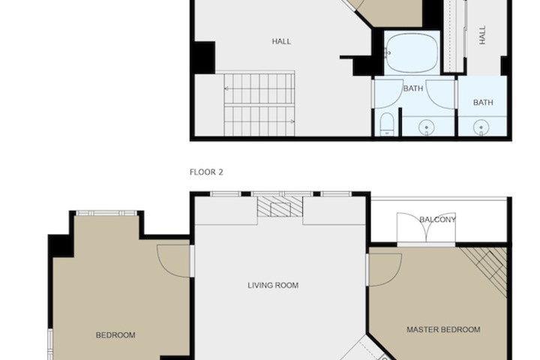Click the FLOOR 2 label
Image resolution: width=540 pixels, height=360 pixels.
pyautogui.click(x=206, y=172)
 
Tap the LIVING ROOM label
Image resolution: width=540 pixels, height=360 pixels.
pyautogui.click(x=273, y=285)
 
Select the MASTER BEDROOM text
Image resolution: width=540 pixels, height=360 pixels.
pyautogui.click(x=443, y=330)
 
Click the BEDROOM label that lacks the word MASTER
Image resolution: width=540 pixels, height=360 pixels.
pyautogui.click(x=115, y=335)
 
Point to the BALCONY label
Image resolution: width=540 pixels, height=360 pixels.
pyautogui.click(x=438, y=220)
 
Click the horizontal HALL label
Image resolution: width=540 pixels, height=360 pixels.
pyautogui.click(x=281, y=42)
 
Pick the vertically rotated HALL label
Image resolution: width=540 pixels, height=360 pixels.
pyautogui.click(x=482, y=34)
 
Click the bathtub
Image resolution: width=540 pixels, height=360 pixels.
pyautogui.click(x=412, y=53)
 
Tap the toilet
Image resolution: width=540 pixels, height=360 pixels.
pyautogui.click(x=387, y=124)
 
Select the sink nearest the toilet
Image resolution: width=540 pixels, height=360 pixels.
pyautogui.click(x=426, y=127)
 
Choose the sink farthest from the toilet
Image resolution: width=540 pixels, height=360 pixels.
pyautogui.click(x=481, y=127)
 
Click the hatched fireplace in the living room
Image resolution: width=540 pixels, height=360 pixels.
pyautogui.click(x=280, y=207)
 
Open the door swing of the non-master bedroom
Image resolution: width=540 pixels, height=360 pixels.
pyautogui.click(x=173, y=261)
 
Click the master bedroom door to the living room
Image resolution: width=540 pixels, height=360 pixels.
pyautogui.click(x=385, y=270)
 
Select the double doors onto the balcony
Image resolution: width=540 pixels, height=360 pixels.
pyautogui.click(x=426, y=227)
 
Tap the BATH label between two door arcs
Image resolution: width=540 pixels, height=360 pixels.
pyautogui.click(x=413, y=88)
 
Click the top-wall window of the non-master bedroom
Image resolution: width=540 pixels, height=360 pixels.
pyautogui.click(x=106, y=213)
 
